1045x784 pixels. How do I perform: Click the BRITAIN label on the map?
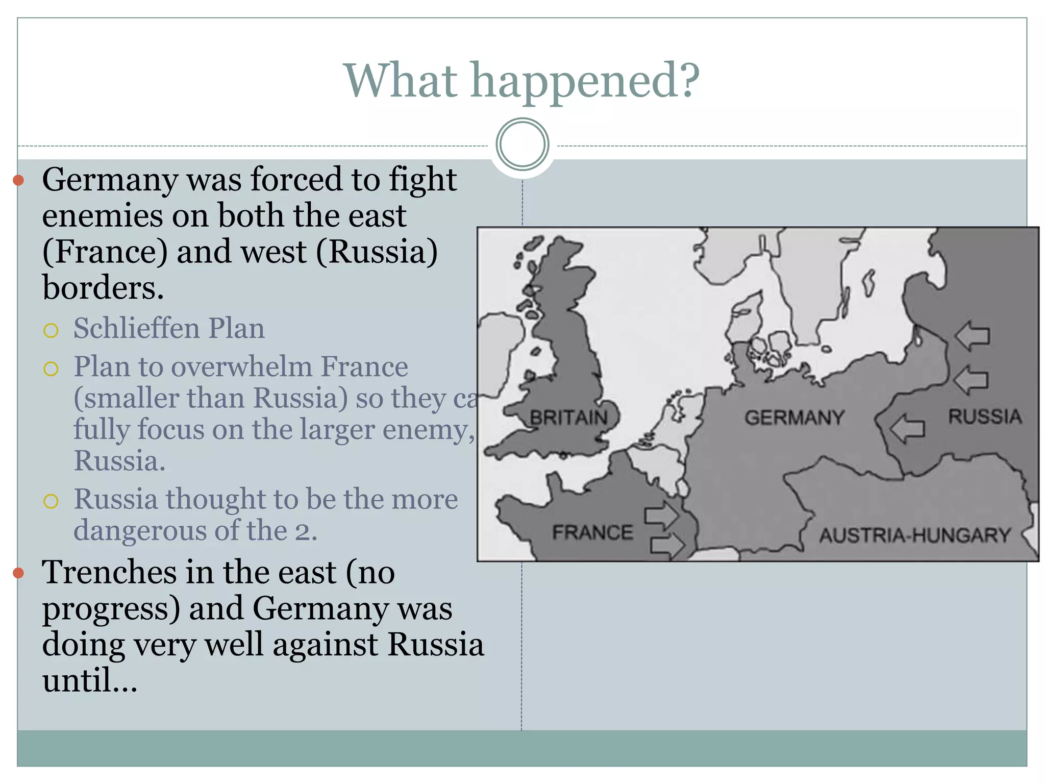tap(568, 418)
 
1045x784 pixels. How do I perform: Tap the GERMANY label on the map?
tap(794, 418)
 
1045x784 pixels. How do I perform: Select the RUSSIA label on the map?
tap(985, 416)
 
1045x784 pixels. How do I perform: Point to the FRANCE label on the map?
tap(592, 533)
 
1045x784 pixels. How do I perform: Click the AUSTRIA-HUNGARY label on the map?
tap(915, 535)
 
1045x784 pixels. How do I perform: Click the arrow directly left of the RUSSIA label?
tap(907, 428)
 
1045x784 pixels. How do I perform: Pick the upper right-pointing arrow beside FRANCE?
tap(662, 514)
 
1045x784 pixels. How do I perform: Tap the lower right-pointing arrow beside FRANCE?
tap(667, 545)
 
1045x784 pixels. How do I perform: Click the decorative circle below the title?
tap(522, 144)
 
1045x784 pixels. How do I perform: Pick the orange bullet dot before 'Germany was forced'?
tap(19, 180)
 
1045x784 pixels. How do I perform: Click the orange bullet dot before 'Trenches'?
tap(19, 573)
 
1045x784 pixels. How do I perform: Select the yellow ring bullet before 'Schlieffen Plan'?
tap(51, 331)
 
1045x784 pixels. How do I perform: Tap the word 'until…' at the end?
tap(90, 681)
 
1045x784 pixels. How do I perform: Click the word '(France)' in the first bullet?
tap(105, 252)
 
